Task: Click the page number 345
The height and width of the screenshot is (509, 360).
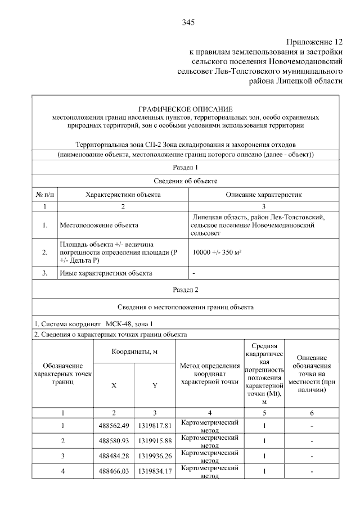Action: click(x=188, y=22)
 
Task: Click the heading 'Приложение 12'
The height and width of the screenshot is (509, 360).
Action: click(x=314, y=42)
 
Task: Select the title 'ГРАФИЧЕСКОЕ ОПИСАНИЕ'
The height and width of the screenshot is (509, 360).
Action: click(x=185, y=109)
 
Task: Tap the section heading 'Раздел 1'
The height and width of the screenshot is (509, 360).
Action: click(x=185, y=167)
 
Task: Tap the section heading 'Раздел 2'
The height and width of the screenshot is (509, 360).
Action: click(x=185, y=290)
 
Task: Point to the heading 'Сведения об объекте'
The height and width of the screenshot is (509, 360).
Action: click(x=185, y=181)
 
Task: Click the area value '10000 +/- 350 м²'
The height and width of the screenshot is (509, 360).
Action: click(x=217, y=253)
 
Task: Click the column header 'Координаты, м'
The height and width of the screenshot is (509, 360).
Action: click(x=134, y=352)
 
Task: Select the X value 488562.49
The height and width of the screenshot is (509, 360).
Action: click(x=114, y=425)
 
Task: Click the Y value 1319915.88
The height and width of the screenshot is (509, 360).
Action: click(x=154, y=440)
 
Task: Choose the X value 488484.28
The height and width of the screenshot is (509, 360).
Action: click(x=114, y=455)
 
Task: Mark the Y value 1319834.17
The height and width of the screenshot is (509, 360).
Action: click(x=154, y=470)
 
